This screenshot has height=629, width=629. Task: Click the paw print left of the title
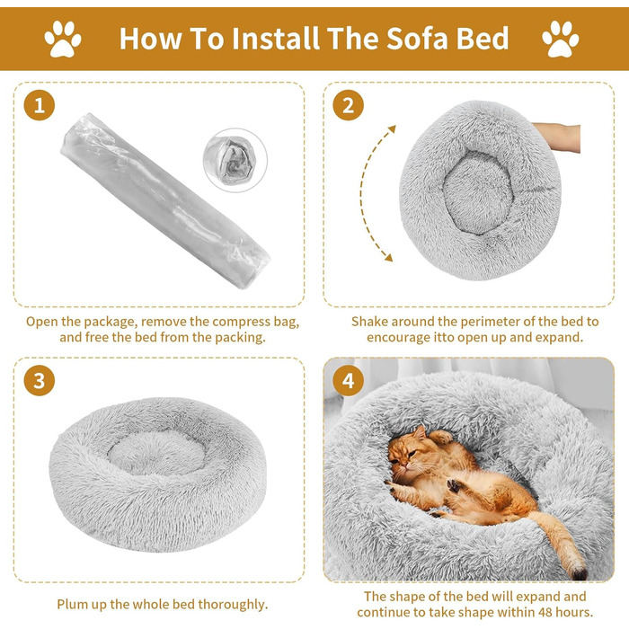[x=63, y=39]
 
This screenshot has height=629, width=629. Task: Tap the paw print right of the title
[x=561, y=39]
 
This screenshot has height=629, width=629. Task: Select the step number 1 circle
[x=39, y=105]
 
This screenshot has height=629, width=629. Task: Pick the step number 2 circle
[x=349, y=105]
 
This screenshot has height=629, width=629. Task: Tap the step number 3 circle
[x=39, y=380]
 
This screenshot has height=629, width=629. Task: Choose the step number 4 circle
[x=349, y=380]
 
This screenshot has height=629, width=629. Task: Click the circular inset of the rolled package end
[x=235, y=160]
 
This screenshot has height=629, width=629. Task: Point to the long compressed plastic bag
[x=164, y=200]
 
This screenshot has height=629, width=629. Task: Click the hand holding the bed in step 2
[x=558, y=137]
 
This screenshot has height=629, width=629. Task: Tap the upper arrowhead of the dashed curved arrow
[x=392, y=128]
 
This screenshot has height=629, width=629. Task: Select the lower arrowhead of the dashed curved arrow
[x=388, y=257]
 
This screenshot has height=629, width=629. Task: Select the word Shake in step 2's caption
[x=369, y=322]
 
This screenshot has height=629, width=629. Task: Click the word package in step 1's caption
[x=109, y=322]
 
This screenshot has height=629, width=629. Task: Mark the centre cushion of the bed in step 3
[x=157, y=453]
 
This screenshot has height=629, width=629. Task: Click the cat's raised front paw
[x=441, y=437]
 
